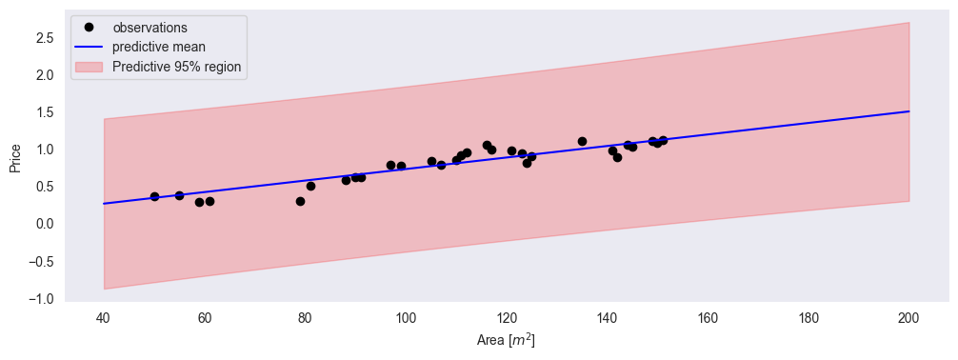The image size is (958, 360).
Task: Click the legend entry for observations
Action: (x=150, y=28)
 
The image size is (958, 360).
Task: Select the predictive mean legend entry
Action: (x=156, y=48)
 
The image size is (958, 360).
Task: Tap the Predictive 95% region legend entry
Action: (x=176, y=68)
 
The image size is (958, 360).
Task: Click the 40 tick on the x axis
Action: (x=104, y=316)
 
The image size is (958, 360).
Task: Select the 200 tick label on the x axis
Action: (x=908, y=316)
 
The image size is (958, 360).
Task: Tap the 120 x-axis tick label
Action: (x=506, y=316)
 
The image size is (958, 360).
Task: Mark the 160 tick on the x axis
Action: (x=707, y=316)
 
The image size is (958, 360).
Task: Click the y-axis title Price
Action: (x=15, y=159)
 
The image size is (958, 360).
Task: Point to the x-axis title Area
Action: (x=506, y=339)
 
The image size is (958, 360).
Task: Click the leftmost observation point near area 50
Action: (x=154, y=196)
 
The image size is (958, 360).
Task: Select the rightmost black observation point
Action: (x=663, y=141)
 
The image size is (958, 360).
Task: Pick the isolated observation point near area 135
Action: (x=582, y=141)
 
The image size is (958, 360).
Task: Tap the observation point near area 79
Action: (x=300, y=201)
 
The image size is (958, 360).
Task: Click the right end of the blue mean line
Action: (x=908, y=111)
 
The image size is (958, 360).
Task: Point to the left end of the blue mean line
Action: (x=104, y=204)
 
